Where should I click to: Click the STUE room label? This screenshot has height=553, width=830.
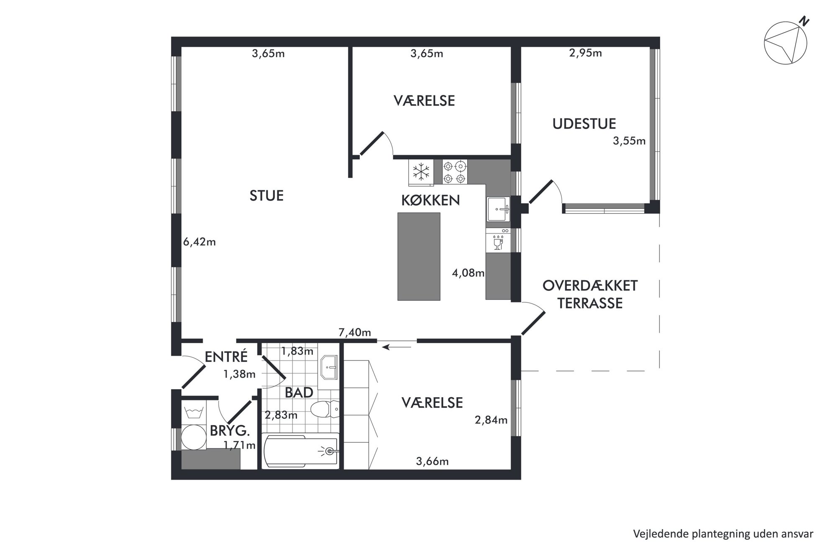pos(266,196)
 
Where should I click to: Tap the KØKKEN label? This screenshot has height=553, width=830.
pos(430,200)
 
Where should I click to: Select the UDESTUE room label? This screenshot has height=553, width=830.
pos(584,124)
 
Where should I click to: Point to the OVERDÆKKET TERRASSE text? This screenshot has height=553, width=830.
pos(590,294)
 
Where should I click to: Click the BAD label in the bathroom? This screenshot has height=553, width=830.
pos(299,392)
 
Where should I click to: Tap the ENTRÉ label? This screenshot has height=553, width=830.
pos(226,356)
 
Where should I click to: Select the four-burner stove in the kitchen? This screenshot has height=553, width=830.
pos(455,172)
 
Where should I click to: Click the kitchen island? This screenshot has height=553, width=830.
pos(419,256)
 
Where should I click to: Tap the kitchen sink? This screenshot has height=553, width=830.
pos(498,209)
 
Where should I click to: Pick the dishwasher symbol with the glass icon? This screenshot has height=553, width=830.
pos(498,240)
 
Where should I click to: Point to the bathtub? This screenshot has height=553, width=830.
pos(300,451)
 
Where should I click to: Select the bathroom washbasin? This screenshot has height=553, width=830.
pos(328,367)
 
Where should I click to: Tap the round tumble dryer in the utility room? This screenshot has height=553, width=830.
pos(194,437)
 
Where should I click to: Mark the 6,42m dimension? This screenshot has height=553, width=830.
pos(200,242)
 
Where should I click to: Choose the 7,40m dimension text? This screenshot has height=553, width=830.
pos(355,332)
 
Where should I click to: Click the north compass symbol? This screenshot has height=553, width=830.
pos(785,43)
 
